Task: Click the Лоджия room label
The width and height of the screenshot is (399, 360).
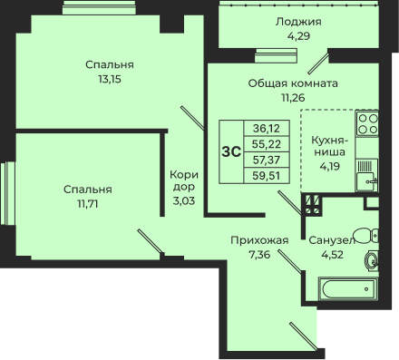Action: [298, 22]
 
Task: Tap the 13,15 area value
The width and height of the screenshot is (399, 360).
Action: [110, 79]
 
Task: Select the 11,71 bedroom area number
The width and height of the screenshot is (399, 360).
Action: [88, 204]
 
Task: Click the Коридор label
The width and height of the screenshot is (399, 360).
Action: [184, 180]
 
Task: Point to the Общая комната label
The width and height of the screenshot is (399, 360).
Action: [293, 83]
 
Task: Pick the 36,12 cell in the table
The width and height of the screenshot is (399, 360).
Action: [267, 129]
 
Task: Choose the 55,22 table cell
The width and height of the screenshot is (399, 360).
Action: [267, 144]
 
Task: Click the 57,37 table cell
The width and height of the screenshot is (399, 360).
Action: [267, 160]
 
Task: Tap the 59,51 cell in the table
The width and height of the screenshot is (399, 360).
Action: [267, 175]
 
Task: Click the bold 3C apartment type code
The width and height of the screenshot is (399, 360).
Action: [231, 151]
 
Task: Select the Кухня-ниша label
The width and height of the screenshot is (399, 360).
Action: [330, 146]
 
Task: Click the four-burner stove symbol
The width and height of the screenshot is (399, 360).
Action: [367, 123]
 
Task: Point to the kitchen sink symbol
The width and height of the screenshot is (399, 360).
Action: [366, 176]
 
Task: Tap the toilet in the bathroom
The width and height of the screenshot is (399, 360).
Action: [366, 236]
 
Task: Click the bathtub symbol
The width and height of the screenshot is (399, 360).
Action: [347, 289]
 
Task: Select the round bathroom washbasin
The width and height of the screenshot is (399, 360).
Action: [371, 261]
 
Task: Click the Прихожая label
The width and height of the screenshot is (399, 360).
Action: [259, 240]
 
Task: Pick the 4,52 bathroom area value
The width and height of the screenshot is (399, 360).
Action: [332, 255]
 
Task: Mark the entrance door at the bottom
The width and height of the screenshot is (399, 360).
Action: [303, 336]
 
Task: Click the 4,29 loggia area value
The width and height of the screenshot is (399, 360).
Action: [298, 36]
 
